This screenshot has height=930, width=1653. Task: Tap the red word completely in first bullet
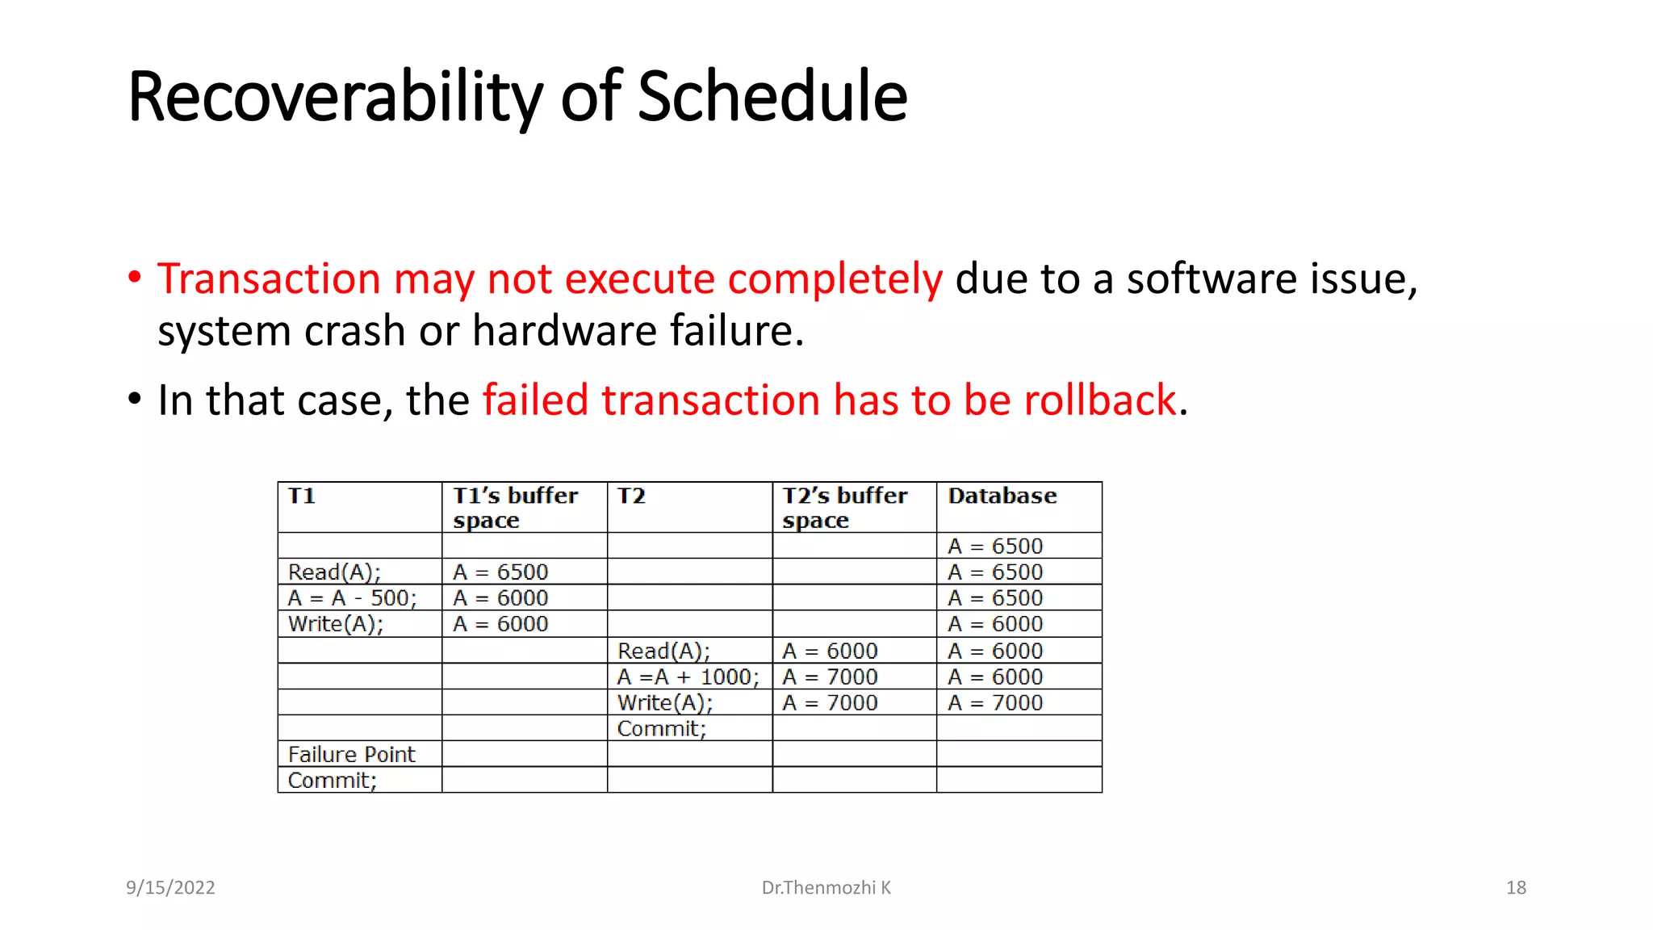tap(835, 279)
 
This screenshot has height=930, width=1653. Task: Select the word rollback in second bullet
tap(1099, 400)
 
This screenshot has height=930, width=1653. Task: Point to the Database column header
tap(1002, 496)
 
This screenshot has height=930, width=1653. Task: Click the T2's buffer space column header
tap(844, 507)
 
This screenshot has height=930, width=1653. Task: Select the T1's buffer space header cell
tap(515, 507)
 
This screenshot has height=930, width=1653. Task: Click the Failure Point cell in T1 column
tap(351, 754)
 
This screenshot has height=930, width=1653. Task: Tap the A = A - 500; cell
tap(352, 598)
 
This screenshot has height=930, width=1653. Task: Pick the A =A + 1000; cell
tap(688, 677)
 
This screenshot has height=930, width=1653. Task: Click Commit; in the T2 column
tap(661, 728)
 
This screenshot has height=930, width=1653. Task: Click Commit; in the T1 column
tap(332, 780)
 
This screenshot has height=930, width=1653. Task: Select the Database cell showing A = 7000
tap(994, 702)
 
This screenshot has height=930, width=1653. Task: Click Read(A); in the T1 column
tap(334, 572)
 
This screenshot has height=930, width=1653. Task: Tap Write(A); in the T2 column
tap(664, 702)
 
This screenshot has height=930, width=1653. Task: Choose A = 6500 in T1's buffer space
tap(500, 572)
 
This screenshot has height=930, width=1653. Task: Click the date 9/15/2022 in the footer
tap(170, 887)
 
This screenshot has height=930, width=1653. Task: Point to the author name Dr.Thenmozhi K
tap(826, 887)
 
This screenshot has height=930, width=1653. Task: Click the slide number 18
tap(1515, 887)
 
